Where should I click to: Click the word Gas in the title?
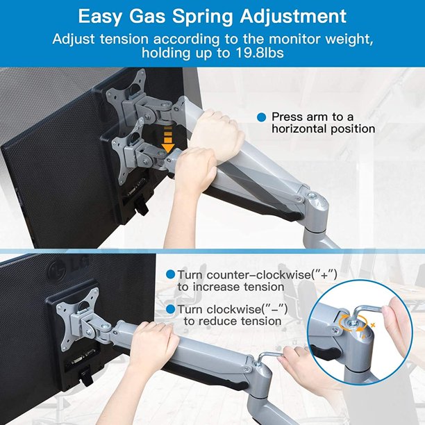[x=147, y=17]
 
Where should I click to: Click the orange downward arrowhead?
[x=168, y=148]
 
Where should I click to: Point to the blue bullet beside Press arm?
[x=262, y=117]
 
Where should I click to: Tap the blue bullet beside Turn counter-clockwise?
[x=171, y=274]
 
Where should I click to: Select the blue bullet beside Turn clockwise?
[x=171, y=309]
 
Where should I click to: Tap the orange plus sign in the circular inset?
[x=373, y=325]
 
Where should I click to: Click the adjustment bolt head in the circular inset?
[x=353, y=322]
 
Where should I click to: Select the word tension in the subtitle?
[x=124, y=39]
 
